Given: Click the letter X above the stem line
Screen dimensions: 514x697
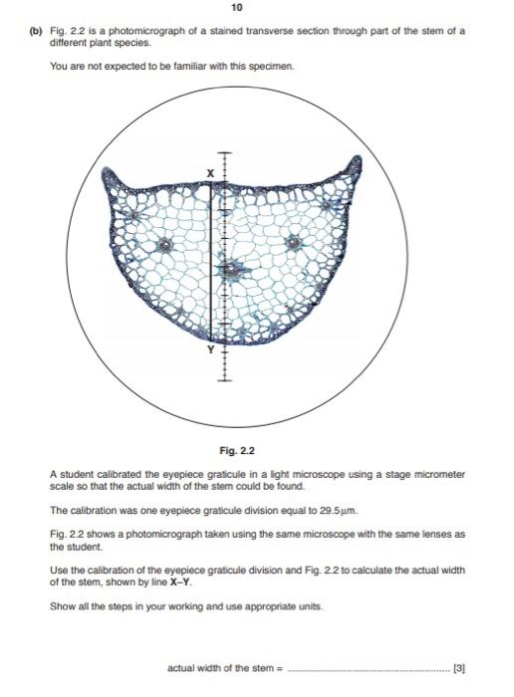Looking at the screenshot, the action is coord(210,173).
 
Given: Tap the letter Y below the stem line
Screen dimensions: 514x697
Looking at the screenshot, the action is coord(210,350).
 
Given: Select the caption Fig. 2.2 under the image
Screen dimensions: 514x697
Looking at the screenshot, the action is coord(257,450).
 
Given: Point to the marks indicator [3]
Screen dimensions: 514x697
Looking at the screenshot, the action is coord(458,667).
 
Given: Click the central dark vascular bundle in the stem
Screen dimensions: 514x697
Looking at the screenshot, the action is coord(231,268).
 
